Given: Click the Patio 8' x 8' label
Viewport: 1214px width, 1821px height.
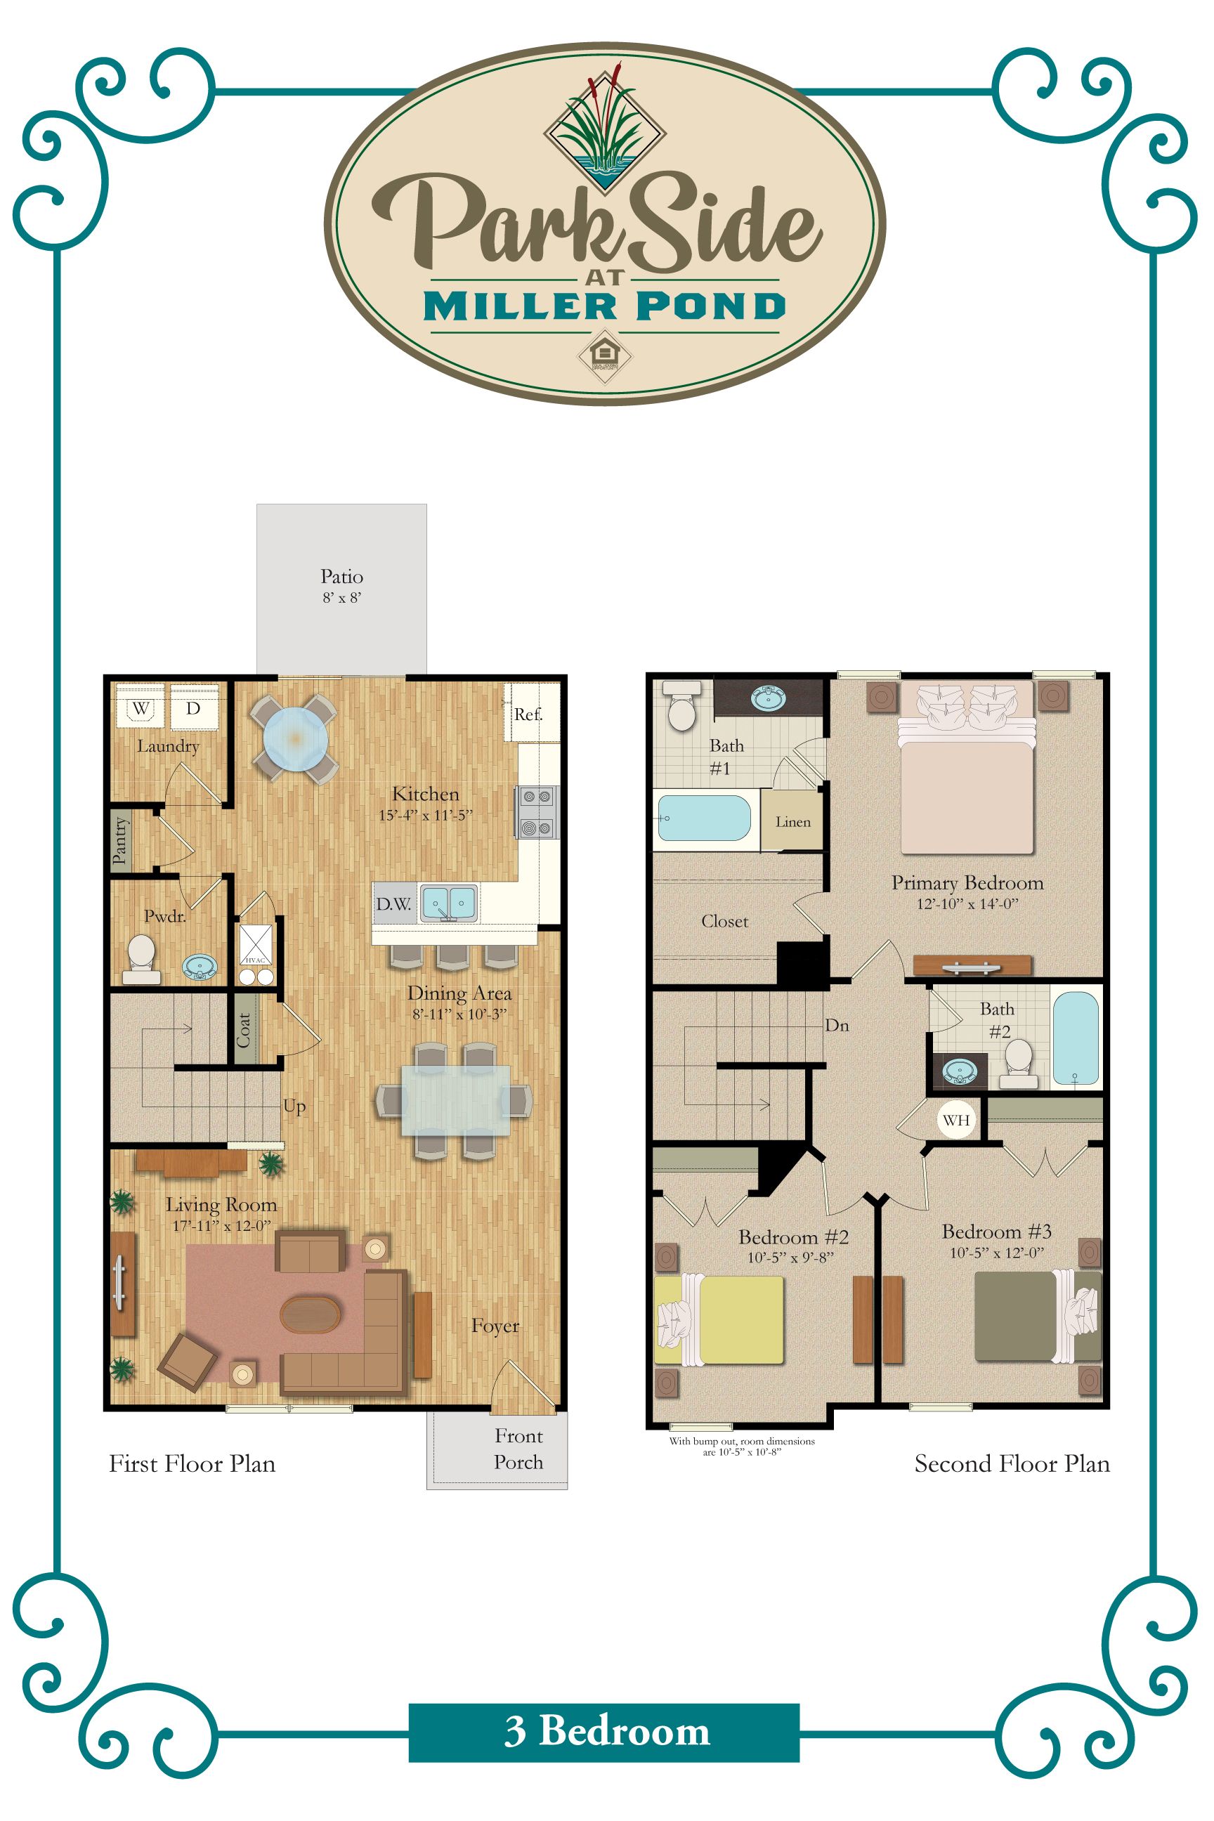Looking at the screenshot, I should pos(341,585).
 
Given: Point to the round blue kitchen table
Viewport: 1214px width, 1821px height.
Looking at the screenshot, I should pos(295,738).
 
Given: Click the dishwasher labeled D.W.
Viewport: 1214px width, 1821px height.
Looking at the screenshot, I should pos(394,903).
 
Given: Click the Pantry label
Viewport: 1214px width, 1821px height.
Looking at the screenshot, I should pos(119,840).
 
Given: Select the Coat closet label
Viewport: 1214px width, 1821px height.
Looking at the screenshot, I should pos(244,1031).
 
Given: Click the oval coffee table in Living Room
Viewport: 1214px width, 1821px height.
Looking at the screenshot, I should pos(310,1314).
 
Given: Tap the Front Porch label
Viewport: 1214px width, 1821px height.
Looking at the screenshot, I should pos(518,1449).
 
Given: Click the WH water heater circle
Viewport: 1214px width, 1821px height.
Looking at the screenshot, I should pos(956,1120).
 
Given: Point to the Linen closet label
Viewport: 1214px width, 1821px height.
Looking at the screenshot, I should pos(792,822).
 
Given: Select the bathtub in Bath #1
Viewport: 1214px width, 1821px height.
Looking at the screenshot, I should pos(703,818).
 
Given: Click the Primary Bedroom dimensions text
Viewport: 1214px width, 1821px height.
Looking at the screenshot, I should pos(967,903).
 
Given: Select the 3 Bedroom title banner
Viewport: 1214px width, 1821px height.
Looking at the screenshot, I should pos(604,1731).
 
